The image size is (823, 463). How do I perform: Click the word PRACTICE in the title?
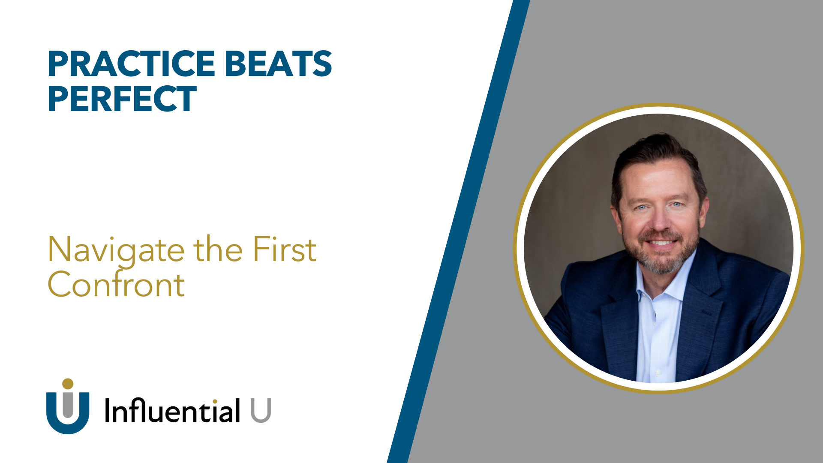click(x=131, y=64)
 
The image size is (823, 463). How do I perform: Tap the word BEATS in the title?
click(x=278, y=64)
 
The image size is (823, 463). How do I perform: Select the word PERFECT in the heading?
click(x=122, y=99)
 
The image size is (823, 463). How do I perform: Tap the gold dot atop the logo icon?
click(x=68, y=384)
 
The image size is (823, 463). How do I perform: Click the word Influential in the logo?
click(x=172, y=410)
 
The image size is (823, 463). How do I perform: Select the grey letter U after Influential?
click(x=261, y=410)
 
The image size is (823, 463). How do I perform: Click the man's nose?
click(x=661, y=221)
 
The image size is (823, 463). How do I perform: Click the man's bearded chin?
click(x=661, y=264)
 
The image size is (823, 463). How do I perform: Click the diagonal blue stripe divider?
click(x=459, y=231)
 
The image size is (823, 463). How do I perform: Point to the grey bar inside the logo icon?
click(x=68, y=405)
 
